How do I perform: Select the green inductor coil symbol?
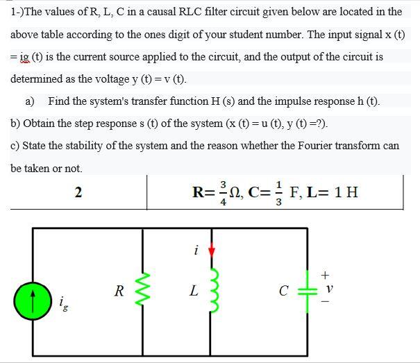212,291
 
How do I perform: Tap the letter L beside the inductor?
194,292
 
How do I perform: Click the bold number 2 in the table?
78,192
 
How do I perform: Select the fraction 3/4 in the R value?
223,192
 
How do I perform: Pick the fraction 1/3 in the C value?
278,192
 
